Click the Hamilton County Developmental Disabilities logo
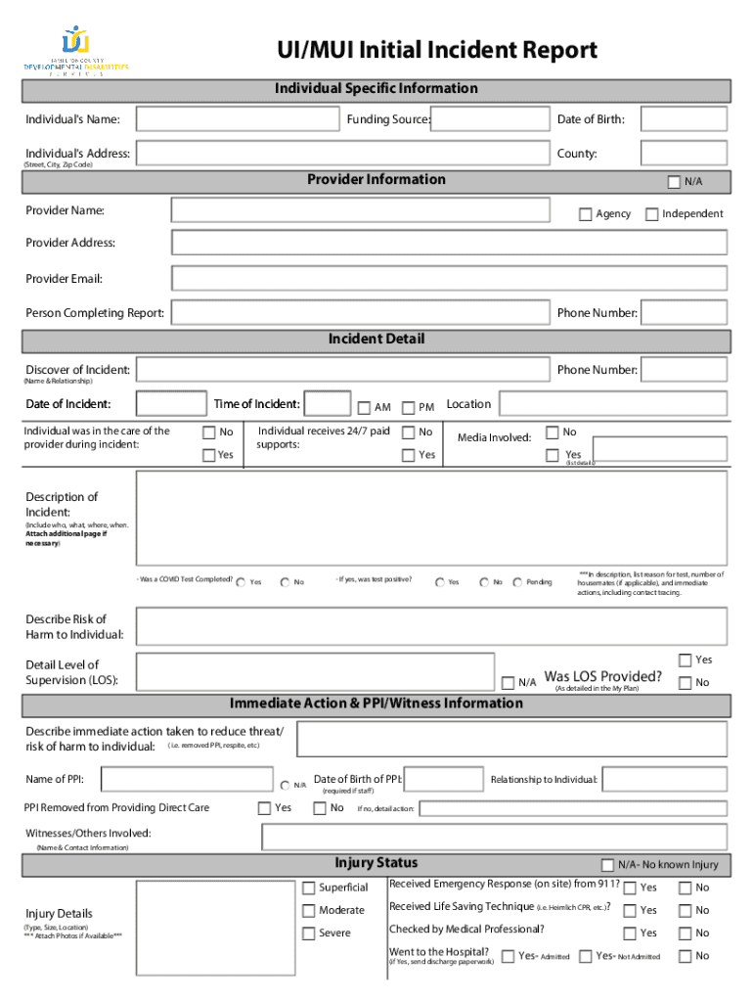pyautogui.click(x=76, y=52)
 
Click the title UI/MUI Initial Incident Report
pyautogui.click(x=437, y=50)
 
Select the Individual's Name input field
pyautogui.click(x=238, y=119)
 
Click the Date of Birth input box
pyautogui.click(x=684, y=119)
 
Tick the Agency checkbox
pyautogui.click(x=586, y=214)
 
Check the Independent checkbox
pyautogui.click(x=652, y=214)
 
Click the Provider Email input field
pyautogui.click(x=449, y=278)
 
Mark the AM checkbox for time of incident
pyautogui.click(x=364, y=408)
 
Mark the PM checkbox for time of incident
pyautogui.click(x=409, y=408)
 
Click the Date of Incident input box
pyautogui.click(x=171, y=404)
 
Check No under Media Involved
pyautogui.click(x=553, y=433)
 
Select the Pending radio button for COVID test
pyautogui.click(x=517, y=582)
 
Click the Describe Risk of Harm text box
pyautogui.click(x=431, y=626)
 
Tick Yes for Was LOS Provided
pyautogui.click(x=685, y=660)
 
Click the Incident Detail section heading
pyautogui.click(x=376, y=340)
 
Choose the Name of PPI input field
pyautogui.click(x=188, y=779)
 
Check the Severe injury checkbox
pyautogui.click(x=308, y=933)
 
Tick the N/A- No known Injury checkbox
pyautogui.click(x=607, y=865)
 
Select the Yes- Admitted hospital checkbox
pyautogui.click(x=508, y=956)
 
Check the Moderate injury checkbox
pyautogui.click(x=308, y=911)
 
